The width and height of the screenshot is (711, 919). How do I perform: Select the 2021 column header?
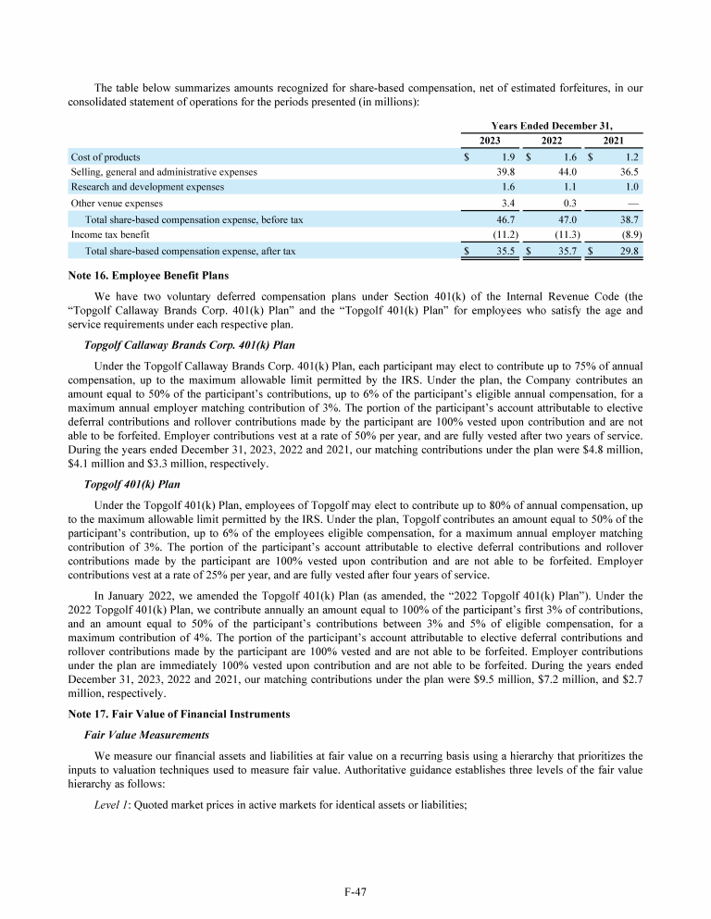pyautogui.click(x=613, y=140)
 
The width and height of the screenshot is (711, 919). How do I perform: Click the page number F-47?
pyautogui.click(x=355, y=892)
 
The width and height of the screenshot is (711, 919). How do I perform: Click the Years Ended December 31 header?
pyautogui.click(x=552, y=124)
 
